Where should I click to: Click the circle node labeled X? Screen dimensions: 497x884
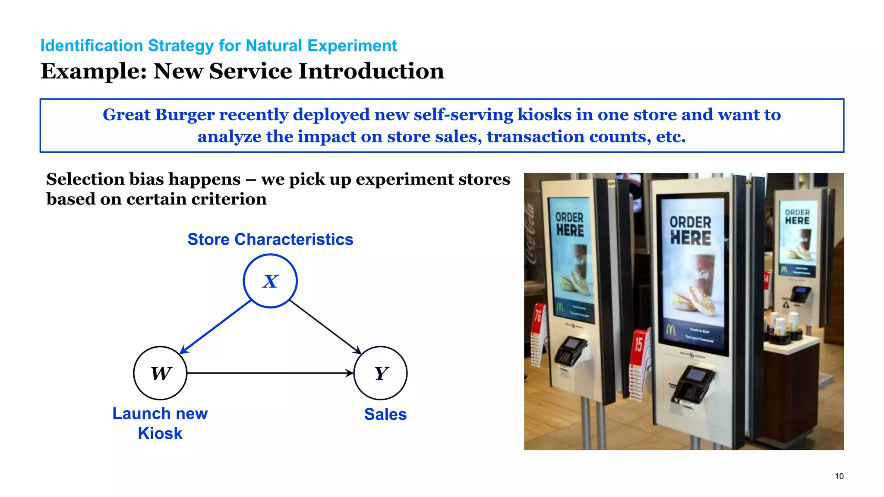270,281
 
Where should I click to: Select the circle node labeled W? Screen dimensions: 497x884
160,373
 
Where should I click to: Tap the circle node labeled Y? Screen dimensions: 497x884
380,373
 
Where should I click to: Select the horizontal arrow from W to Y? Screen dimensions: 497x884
270,373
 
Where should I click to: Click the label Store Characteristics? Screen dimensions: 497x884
270,239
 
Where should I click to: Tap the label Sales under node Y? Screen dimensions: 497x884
385,414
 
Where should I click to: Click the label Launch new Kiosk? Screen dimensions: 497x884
160,423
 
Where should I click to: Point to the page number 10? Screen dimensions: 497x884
839,476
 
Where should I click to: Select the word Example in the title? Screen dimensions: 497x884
93,71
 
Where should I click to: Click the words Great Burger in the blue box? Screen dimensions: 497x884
158,115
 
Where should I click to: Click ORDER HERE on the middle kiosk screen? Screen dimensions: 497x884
690,230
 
